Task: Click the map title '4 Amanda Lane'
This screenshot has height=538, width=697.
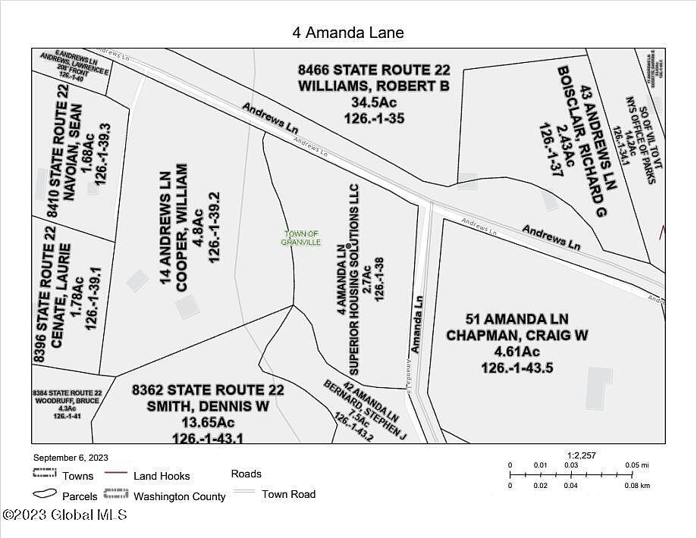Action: (x=348, y=33)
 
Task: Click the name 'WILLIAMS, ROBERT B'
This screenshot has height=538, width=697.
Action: (x=373, y=86)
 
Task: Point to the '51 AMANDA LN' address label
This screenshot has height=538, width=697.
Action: (x=517, y=319)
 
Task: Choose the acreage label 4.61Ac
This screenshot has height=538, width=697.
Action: (x=517, y=352)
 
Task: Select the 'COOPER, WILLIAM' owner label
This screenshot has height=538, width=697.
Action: (x=182, y=227)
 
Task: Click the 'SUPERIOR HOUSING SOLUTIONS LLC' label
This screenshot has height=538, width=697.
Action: (x=353, y=278)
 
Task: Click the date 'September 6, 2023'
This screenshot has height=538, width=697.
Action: (x=71, y=458)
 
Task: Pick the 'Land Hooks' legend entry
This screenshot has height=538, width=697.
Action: (x=162, y=476)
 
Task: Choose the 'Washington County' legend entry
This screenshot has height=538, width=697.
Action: (x=180, y=496)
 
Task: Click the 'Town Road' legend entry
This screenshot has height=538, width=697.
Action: (x=288, y=494)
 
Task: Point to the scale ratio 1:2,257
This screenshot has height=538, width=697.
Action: (x=582, y=455)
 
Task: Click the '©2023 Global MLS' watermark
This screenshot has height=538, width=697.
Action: (x=64, y=515)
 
